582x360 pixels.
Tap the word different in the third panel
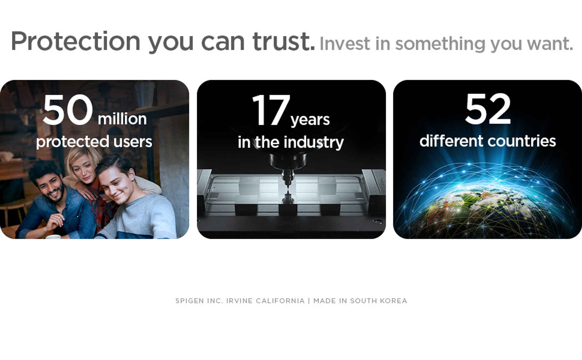(x=451, y=141)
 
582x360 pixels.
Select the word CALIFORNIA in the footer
(x=280, y=301)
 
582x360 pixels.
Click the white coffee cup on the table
(x=53, y=237)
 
